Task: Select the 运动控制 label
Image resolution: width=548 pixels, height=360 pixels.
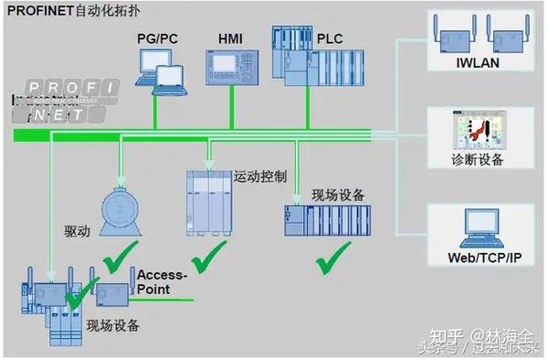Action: pos(260,175)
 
